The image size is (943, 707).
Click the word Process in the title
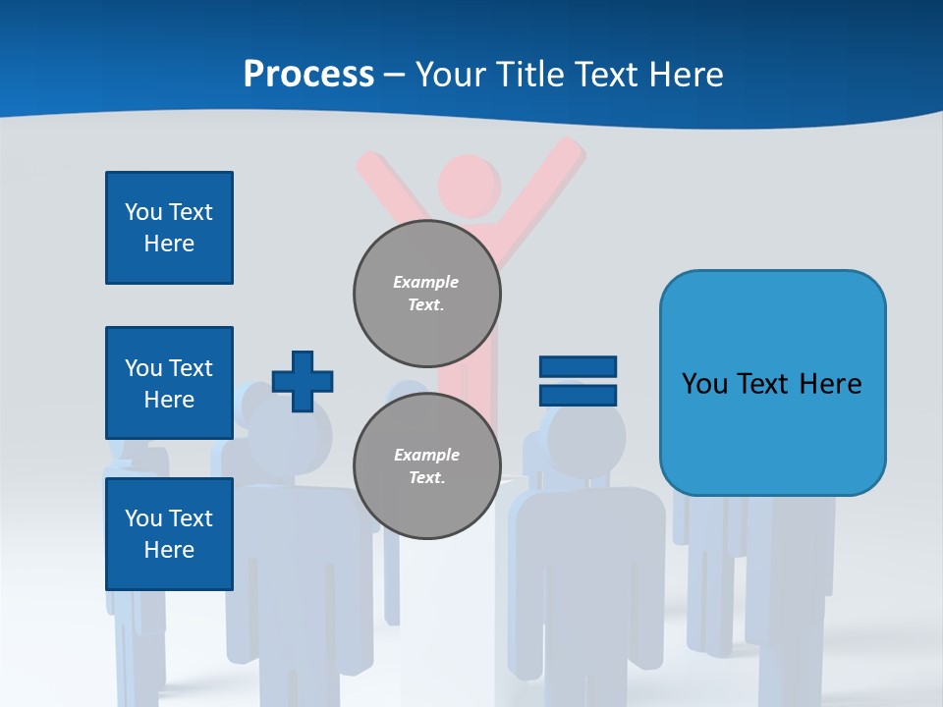(x=308, y=75)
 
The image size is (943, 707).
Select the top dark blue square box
(x=169, y=228)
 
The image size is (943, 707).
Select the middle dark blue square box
(x=169, y=383)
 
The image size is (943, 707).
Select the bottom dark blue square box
(x=169, y=534)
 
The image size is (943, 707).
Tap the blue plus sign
(x=303, y=381)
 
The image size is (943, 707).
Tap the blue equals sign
(x=578, y=381)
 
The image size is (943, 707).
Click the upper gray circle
(x=427, y=294)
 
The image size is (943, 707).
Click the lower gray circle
(x=427, y=466)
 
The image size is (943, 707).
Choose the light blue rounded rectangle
(x=772, y=383)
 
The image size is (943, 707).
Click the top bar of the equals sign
(x=578, y=367)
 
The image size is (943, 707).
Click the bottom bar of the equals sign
(x=578, y=396)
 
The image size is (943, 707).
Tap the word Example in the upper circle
(x=426, y=282)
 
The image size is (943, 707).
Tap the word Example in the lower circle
(x=426, y=455)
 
